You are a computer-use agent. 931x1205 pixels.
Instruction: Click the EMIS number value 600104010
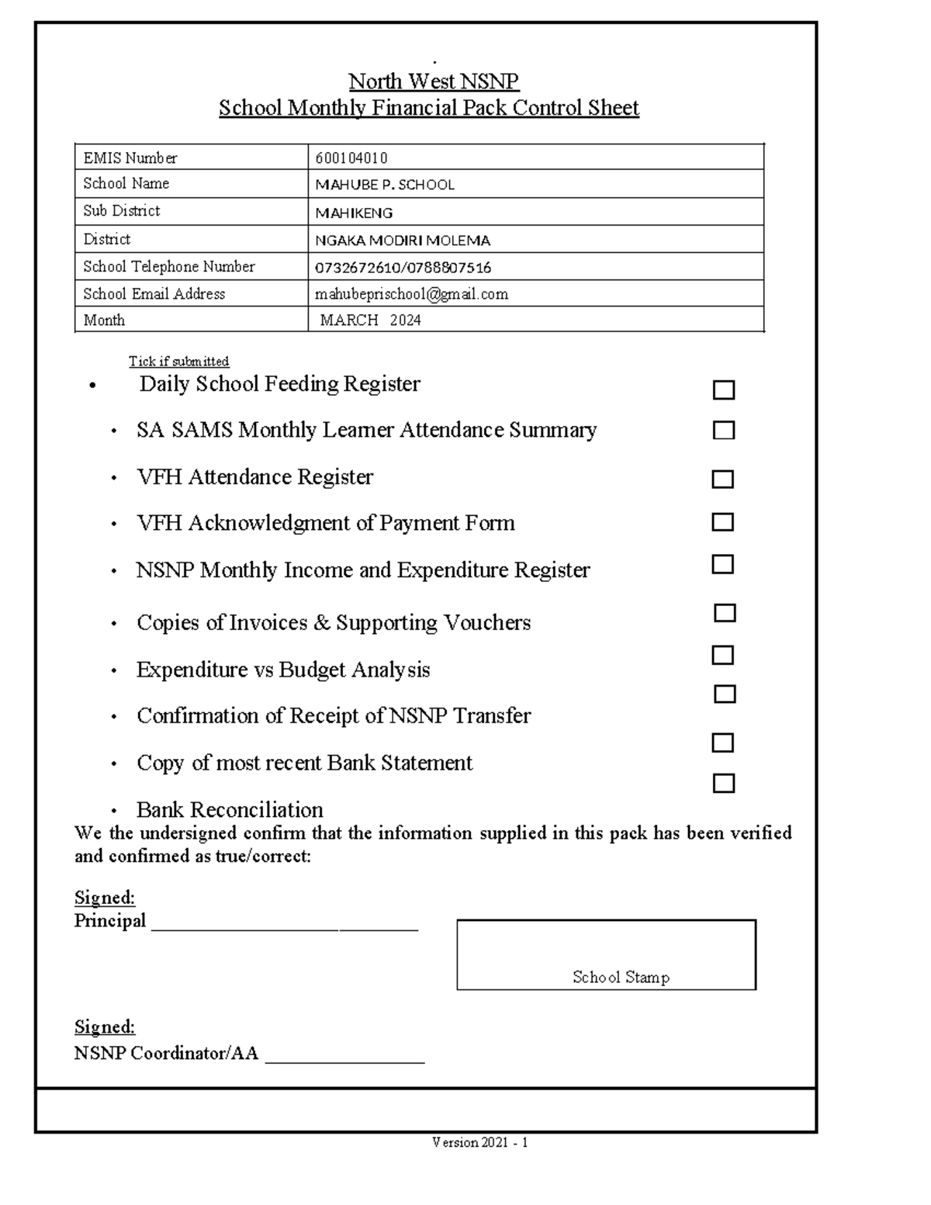(351, 158)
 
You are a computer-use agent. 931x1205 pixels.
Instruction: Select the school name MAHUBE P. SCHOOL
(385, 185)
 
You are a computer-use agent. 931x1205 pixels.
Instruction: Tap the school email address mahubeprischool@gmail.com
(411, 294)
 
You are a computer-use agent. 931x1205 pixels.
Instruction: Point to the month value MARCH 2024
(371, 320)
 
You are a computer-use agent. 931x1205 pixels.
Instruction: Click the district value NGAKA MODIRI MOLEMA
(403, 241)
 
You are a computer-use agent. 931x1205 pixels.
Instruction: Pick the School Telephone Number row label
(168, 266)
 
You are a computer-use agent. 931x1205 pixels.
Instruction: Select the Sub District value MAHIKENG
(354, 213)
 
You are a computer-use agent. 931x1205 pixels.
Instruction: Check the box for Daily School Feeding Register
(723, 390)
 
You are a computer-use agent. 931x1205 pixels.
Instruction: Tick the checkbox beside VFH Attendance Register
(722, 479)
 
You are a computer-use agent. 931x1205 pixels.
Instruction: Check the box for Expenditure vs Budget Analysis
(722, 656)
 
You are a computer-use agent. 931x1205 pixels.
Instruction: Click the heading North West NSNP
(433, 81)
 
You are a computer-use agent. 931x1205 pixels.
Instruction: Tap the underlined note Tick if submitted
(178, 362)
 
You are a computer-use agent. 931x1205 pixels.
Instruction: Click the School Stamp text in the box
(621, 977)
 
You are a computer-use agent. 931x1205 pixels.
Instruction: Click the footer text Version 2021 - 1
(480, 1142)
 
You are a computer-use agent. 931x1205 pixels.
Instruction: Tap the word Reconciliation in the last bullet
(257, 809)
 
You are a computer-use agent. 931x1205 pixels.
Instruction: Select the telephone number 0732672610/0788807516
(403, 268)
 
